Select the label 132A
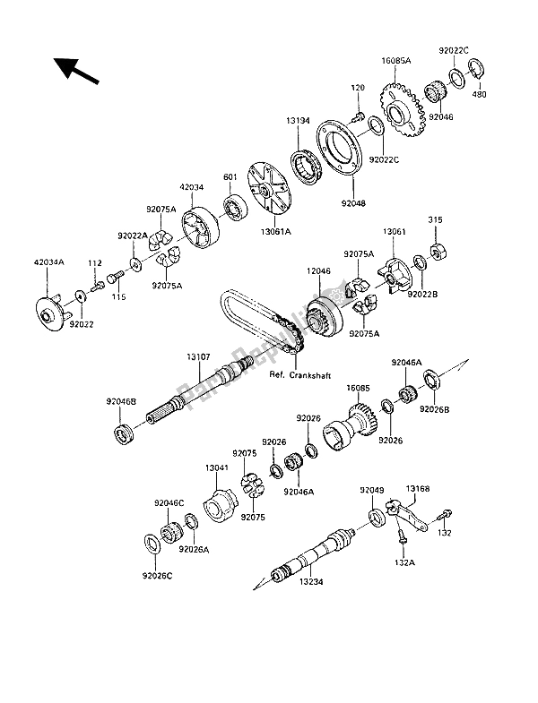pos(403,563)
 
